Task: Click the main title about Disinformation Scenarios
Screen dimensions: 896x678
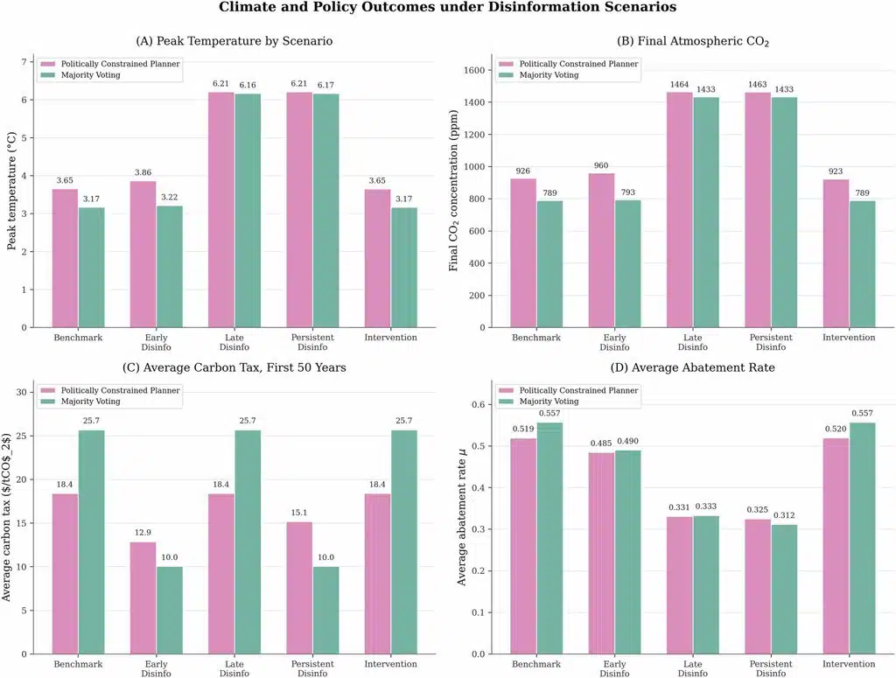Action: tap(447, 7)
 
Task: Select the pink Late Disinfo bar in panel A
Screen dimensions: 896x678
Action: tap(221, 210)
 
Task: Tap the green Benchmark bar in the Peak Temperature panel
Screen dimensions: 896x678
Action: tap(91, 268)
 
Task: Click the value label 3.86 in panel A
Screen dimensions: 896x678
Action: tap(143, 172)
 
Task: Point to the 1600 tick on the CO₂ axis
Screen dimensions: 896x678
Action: tap(474, 70)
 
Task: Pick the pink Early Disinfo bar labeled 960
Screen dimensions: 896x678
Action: tap(601, 250)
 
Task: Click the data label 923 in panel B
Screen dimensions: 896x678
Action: tap(836, 171)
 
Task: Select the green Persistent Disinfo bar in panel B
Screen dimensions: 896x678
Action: tap(784, 213)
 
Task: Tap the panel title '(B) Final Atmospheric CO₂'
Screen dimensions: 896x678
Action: tap(693, 41)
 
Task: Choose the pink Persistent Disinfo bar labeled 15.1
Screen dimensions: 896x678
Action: tap(299, 588)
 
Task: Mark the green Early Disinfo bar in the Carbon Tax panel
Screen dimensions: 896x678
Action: tap(170, 610)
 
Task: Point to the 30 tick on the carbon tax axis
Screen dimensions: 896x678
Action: tap(22, 393)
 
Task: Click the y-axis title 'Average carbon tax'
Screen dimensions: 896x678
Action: tap(7, 517)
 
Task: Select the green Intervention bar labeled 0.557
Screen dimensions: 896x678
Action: tap(862, 538)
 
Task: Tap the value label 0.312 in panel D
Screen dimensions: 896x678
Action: tap(784, 515)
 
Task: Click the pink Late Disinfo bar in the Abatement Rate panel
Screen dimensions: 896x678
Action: tap(679, 585)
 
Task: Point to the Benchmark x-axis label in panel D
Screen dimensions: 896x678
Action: tap(536, 664)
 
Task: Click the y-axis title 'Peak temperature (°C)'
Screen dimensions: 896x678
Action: tap(11, 191)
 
